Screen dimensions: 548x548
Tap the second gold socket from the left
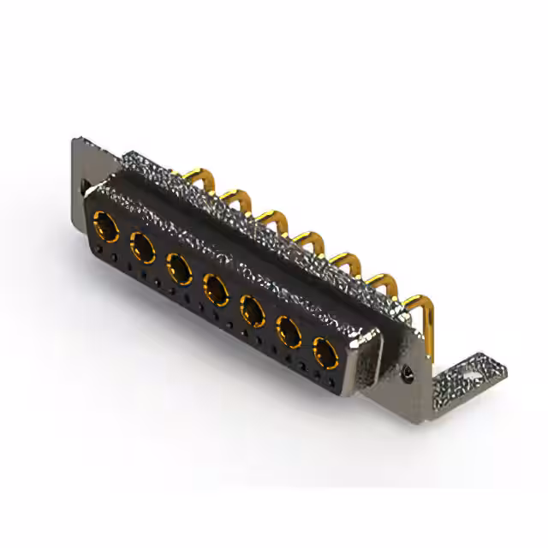click(143, 248)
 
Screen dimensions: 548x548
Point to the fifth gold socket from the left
click(252, 308)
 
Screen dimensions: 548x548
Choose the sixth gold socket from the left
click(289, 330)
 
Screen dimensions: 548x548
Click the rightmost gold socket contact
click(325, 351)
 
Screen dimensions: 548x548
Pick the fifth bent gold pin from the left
click(346, 258)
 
